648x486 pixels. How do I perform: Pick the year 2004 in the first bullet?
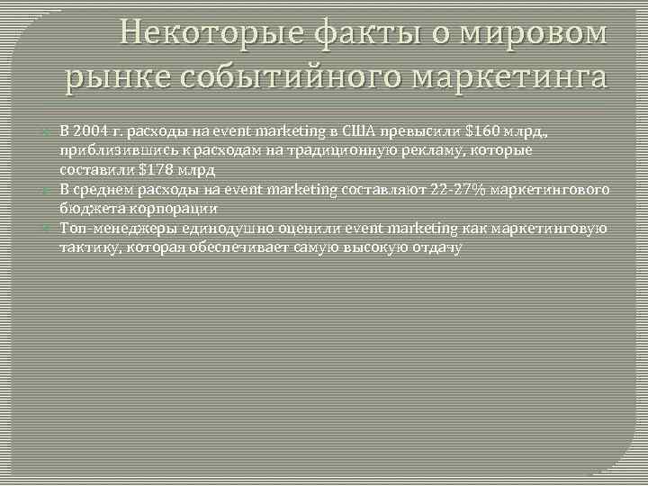(x=91, y=130)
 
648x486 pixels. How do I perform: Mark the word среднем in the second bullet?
(x=104, y=188)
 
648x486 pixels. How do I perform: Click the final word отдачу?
(x=435, y=247)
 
